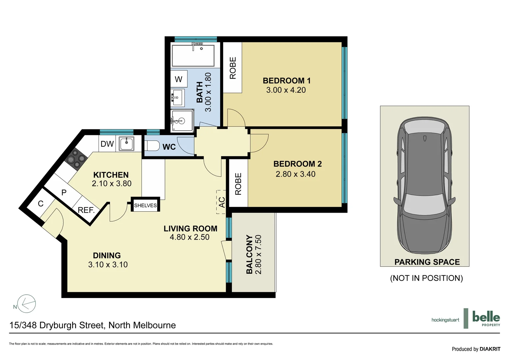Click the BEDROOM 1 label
(x=286, y=81)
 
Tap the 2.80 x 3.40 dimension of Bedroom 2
(x=295, y=174)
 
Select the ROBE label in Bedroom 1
(x=233, y=68)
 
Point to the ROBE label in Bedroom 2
(x=238, y=184)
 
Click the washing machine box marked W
(x=179, y=79)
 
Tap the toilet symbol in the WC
(x=153, y=146)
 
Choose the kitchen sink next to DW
(x=127, y=144)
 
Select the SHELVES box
(x=145, y=205)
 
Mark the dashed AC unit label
(x=222, y=202)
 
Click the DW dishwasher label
(x=107, y=144)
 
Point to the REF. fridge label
(x=86, y=210)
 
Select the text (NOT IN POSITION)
(x=426, y=278)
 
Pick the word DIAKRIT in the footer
(x=490, y=349)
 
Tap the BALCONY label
(x=249, y=254)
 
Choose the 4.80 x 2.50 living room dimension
(x=190, y=237)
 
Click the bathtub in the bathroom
(x=193, y=55)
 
